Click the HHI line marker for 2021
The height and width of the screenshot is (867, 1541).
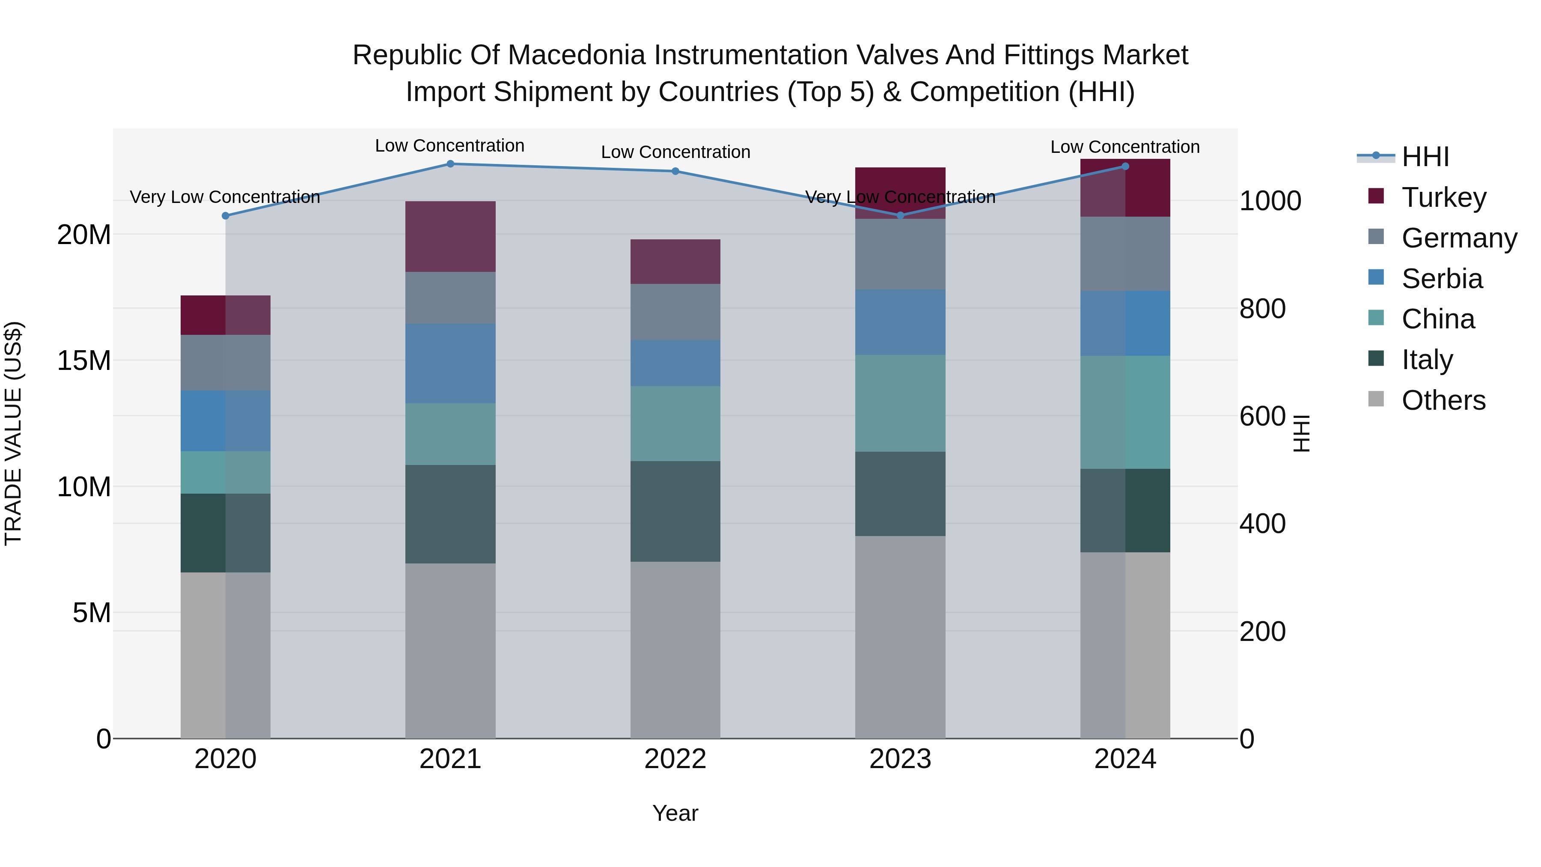tap(450, 164)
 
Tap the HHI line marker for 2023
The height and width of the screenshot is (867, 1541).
tap(900, 215)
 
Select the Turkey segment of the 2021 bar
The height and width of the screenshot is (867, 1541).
tap(450, 236)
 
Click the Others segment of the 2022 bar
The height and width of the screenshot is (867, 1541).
tap(675, 649)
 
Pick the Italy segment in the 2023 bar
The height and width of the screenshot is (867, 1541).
tap(900, 494)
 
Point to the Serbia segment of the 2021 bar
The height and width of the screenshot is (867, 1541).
tap(450, 363)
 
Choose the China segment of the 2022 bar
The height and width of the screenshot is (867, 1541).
tap(675, 423)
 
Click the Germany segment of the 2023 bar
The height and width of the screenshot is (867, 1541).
tap(900, 254)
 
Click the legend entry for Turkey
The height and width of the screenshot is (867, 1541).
tap(1443, 197)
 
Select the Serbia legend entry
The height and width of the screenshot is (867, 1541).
tap(1442, 279)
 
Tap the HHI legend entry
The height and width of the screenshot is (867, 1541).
tap(1425, 157)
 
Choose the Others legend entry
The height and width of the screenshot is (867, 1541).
tap(1443, 400)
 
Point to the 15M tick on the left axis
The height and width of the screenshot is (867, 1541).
tap(84, 361)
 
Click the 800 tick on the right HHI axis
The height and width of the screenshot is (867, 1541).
tap(1262, 309)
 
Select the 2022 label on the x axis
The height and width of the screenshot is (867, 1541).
tap(675, 759)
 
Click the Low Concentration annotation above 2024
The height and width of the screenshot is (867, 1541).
tap(1125, 147)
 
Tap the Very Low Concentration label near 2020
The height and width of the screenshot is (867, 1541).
tap(225, 197)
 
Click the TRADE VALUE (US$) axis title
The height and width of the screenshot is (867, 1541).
tap(13, 433)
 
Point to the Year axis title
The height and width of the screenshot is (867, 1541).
tap(675, 813)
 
